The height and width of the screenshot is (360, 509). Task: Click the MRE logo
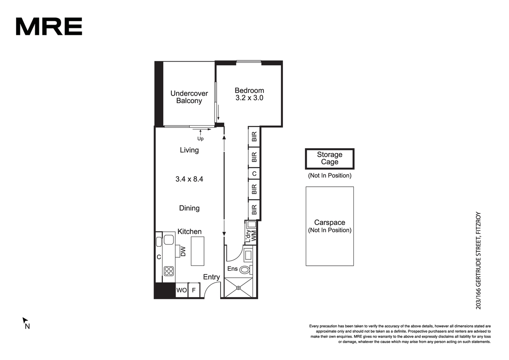click(49, 26)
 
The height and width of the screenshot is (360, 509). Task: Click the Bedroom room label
click(249, 90)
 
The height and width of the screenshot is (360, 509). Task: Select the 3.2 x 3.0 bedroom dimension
click(249, 98)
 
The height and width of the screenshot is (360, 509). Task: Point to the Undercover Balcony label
click(189, 97)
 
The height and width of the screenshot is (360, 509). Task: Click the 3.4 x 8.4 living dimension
click(189, 179)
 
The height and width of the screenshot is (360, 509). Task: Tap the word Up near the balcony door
click(200, 139)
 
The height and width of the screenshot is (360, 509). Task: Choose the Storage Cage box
click(330, 159)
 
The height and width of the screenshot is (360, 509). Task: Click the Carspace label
click(330, 222)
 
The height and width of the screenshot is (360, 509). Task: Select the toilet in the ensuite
click(246, 270)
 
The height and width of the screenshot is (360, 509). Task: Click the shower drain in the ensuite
click(238, 288)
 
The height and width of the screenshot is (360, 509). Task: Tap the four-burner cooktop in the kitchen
click(169, 271)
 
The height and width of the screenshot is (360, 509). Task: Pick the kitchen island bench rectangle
click(198, 251)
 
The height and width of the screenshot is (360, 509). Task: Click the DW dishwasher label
click(183, 251)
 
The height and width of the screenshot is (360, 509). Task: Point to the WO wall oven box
click(182, 290)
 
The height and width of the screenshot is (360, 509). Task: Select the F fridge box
click(194, 290)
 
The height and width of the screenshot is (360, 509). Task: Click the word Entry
click(211, 277)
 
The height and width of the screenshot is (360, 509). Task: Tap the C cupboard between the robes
click(254, 174)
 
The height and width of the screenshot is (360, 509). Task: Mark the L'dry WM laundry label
click(251, 236)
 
